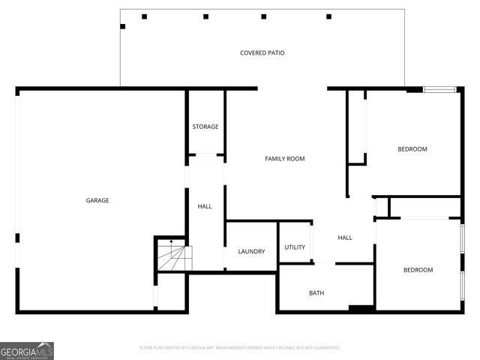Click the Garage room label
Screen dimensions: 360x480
[97, 200]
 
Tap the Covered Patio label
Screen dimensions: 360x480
[262, 53]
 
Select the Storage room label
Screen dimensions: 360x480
[205, 127]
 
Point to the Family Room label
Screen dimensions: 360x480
[284, 159]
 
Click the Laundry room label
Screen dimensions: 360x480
[251, 251]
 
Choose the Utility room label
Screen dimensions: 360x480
[295, 247]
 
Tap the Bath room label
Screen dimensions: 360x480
[316, 292]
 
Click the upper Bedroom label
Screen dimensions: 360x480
[412, 149]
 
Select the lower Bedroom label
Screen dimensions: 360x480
[418, 270]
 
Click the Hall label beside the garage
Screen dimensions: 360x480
[205, 206]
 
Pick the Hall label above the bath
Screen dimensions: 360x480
[345, 238]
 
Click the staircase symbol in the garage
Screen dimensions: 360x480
[173, 257]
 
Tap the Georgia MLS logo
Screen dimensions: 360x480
[27, 351]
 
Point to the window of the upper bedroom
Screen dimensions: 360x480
[439, 90]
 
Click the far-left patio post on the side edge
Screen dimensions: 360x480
[123, 26]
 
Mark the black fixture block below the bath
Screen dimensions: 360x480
[361, 308]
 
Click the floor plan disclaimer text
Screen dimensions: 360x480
[240, 348]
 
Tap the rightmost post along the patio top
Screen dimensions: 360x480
[328, 16]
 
